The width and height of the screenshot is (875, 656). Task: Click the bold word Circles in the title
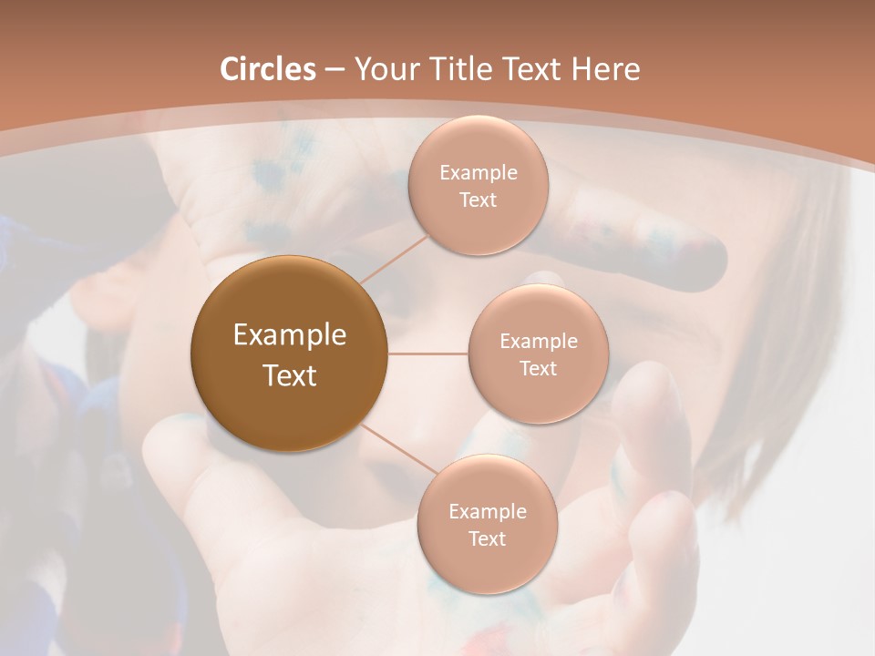point(267,69)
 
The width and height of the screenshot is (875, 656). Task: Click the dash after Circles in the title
point(335,70)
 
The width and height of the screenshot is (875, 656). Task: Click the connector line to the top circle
point(395,259)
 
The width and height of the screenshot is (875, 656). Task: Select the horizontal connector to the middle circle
point(428,354)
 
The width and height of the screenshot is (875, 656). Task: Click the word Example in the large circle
point(290,335)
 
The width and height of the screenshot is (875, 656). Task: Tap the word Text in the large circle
point(290,375)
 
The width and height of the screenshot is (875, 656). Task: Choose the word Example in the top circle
point(478,173)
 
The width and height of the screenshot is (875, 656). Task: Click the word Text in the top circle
point(478,200)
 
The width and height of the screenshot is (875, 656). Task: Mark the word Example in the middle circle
point(538,342)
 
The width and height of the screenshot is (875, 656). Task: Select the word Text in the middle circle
point(538,369)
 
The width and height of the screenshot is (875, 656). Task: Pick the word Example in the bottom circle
point(487,512)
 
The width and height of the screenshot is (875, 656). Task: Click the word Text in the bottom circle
point(487,539)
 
